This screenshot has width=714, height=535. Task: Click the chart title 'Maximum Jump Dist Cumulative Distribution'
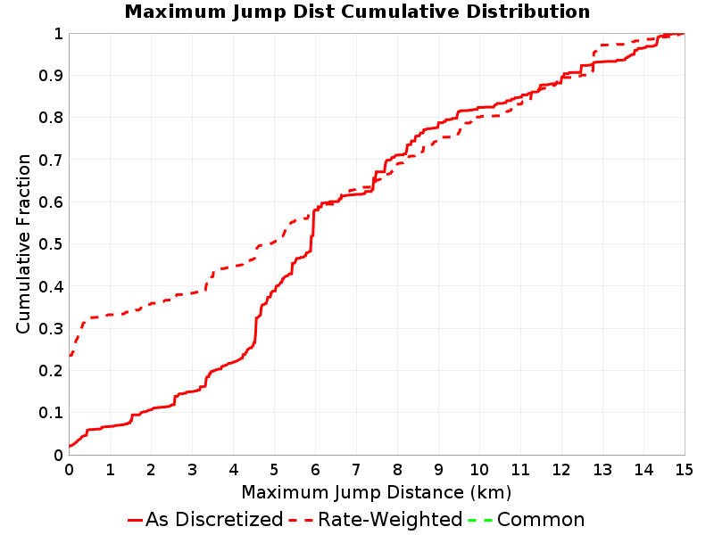(x=357, y=12)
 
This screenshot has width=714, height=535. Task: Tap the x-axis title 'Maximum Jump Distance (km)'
(x=376, y=492)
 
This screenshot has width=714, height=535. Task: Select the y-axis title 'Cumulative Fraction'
(x=23, y=243)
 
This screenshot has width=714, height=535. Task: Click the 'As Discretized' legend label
(x=214, y=519)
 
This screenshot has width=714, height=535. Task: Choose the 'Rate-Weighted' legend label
(x=390, y=519)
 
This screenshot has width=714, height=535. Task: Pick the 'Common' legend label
(x=541, y=520)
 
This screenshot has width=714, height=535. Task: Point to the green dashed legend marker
(x=480, y=520)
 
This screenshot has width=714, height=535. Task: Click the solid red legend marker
(x=136, y=520)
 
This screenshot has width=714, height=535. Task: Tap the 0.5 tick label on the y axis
(x=51, y=244)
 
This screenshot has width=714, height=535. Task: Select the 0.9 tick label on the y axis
(x=51, y=76)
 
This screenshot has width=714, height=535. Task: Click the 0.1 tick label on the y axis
(x=51, y=413)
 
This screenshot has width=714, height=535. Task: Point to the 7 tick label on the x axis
(x=356, y=470)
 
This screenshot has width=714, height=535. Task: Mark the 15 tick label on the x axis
(x=684, y=470)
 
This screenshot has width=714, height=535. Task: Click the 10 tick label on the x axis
(x=479, y=470)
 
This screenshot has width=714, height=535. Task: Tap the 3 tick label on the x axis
(x=192, y=470)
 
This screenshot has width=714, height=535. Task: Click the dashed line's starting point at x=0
(x=70, y=356)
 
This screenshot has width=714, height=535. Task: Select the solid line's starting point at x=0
(x=70, y=447)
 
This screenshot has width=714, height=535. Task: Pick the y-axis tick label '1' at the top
(x=58, y=34)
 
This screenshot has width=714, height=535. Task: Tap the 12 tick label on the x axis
(x=561, y=470)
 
